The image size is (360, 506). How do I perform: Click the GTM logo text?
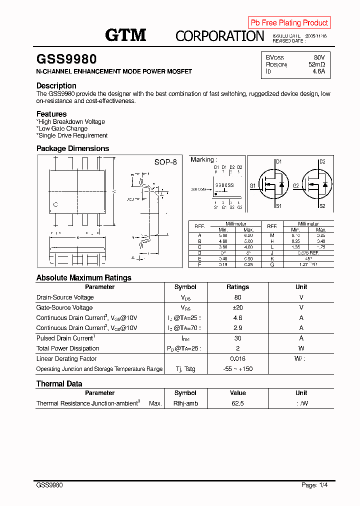125,34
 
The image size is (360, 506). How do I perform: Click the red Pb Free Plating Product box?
289,22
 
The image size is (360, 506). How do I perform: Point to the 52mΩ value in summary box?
316,64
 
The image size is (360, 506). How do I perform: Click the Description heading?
56,85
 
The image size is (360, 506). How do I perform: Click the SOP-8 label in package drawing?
165,162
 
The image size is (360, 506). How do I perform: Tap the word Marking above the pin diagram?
202,159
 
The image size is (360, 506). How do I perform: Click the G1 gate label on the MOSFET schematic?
252,185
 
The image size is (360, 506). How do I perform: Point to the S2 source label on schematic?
322,206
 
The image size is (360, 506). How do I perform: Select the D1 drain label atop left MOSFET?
279,162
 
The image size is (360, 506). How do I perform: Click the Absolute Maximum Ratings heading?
83,277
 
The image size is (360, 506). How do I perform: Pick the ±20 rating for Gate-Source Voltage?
237,307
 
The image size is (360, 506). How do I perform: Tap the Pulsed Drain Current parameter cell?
65,338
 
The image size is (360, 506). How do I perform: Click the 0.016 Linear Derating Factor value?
237,358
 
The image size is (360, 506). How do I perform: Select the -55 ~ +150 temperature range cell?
237,369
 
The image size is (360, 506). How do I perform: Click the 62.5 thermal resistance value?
237,403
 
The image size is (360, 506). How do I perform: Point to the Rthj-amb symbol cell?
185,403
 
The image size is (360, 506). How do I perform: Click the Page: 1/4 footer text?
315,485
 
